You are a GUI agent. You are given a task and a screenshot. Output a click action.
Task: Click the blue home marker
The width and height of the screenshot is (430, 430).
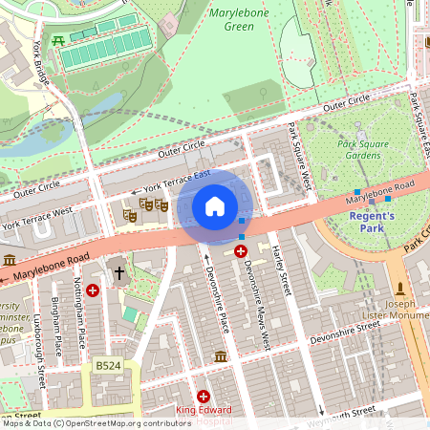pyautogui.click(x=215, y=206)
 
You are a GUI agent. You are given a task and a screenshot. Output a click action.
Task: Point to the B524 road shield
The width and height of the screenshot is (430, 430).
pyautogui.click(x=109, y=366)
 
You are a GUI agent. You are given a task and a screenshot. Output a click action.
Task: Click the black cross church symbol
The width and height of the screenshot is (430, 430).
pyautogui.click(x=119, y=273)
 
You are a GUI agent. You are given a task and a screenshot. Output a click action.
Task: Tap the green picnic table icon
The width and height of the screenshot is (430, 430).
pyautogui.click(x=59, y=39)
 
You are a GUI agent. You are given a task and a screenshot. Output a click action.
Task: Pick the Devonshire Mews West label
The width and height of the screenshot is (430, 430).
pyautogui.click(x=254, y=305)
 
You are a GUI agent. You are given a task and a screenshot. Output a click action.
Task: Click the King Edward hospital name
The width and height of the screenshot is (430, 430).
pyautogui.click(x=203, y=411)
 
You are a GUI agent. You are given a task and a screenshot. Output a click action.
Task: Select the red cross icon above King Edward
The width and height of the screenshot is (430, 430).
pyautogui.click(x=203, y=396)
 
